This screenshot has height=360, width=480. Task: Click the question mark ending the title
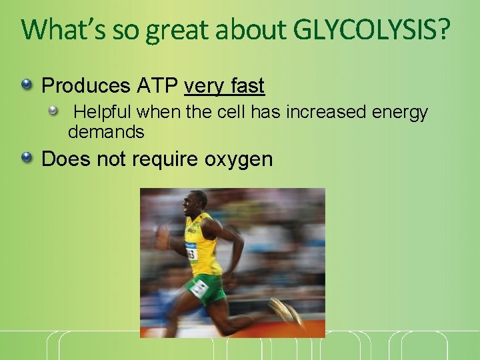click(443, 29)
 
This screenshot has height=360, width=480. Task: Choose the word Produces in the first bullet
click(86, 86)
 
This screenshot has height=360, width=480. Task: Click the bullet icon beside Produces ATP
click(26, 85)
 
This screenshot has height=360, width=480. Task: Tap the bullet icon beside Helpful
click(61, 111)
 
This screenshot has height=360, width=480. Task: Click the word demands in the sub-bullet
click(106, 132)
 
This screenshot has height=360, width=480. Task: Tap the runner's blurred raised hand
click(163, 236)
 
